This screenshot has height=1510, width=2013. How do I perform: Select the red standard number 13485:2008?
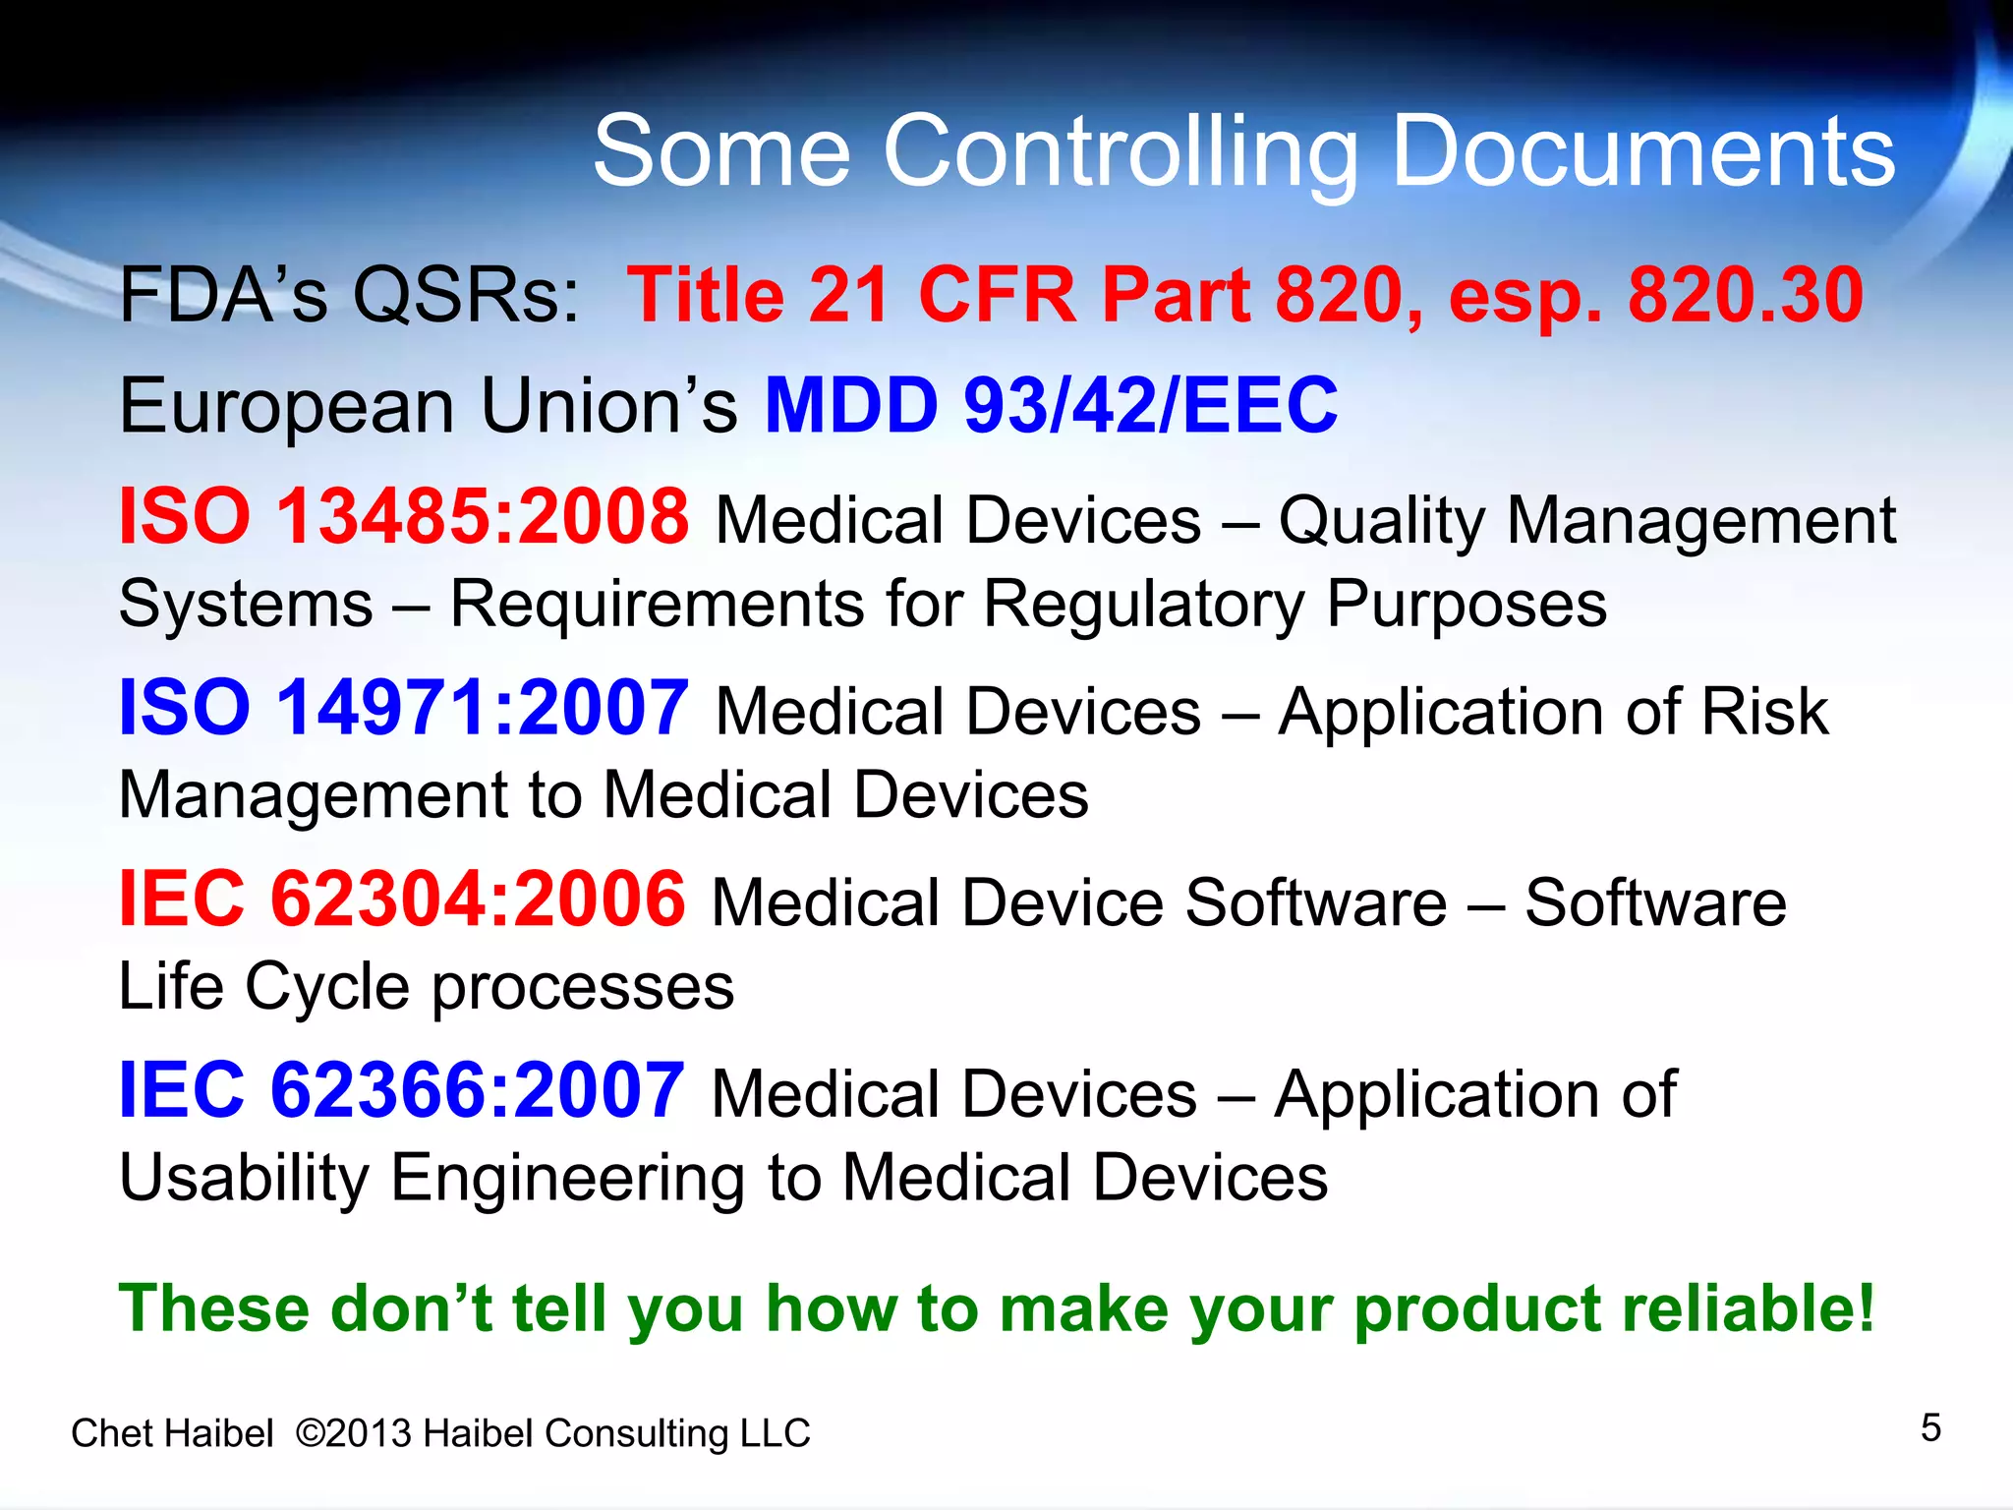pyautogui.click(x=483, y=517)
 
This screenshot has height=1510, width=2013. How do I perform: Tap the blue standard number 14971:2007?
pyautogui.click(x=483, y=708)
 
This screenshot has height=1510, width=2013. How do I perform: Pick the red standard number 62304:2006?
pyautogui.click(x=478, y=899)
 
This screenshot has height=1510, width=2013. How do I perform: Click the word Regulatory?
pyautogui.click(x=1143, y=604)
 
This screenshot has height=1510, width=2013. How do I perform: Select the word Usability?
pyautogui.click(x=243, y=1178)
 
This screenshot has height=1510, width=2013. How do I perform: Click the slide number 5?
pyautogui.click(x=1930, y=1427)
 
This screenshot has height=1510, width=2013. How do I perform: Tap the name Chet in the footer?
pyautogui.click(x=108, y=1433)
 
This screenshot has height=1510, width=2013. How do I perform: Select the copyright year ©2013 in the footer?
pyautogui.click(x=353, y=1433)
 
